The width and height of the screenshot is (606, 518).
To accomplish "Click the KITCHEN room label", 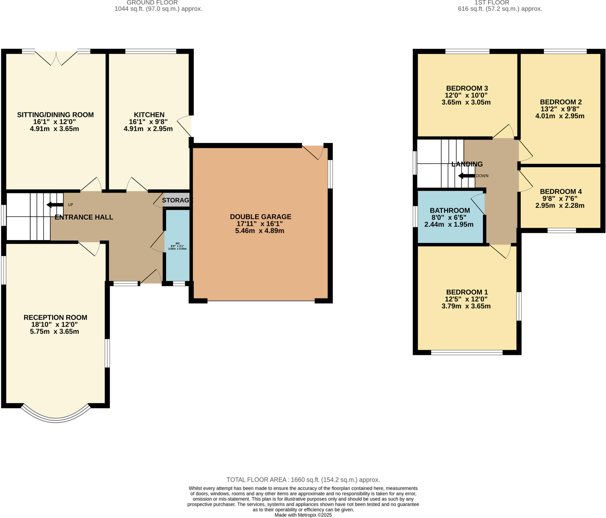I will (x=149, y=115).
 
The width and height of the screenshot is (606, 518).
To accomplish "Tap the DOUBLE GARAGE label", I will (x=260, y=217).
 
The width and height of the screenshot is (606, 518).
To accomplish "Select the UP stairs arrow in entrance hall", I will (x=55, y=204).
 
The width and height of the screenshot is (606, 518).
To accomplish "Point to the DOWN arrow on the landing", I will (x=466, y=176).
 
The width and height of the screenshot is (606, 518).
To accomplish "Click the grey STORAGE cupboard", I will (x=176, y=200).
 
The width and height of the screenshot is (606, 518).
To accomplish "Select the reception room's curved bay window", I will (x=56, y=416).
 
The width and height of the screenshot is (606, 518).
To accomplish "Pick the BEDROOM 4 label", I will (x=561, y=191).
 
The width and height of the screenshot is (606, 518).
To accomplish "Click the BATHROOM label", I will (x=450, y=210).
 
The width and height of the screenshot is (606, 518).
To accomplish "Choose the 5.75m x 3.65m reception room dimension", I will (x=54, y=331).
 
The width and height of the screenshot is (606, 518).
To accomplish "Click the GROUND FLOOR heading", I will (x=152, y=3).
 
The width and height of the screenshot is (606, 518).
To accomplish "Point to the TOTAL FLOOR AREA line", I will (x=303, y=479).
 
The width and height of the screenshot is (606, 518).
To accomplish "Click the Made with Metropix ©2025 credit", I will (x=303, y=515).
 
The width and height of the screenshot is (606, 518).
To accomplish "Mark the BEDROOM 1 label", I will (x=467, y=292).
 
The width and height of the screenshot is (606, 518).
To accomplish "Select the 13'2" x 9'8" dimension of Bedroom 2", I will (x=560, y=109).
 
